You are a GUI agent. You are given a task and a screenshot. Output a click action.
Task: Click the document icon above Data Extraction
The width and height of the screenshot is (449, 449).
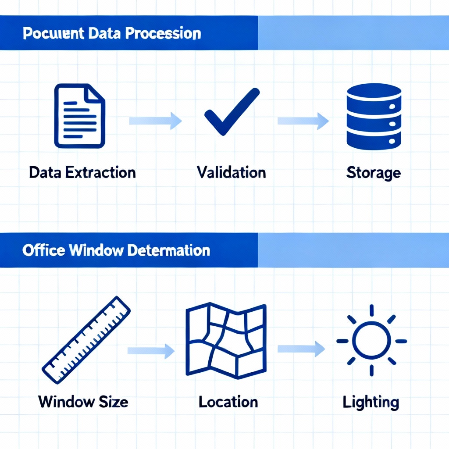(79, 115)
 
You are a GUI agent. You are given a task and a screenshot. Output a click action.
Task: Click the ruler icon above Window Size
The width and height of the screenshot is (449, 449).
(86, 339)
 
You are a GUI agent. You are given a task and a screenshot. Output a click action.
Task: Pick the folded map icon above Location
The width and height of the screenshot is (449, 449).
(225, 340)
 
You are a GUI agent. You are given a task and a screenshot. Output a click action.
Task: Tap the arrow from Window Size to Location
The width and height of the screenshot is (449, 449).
(150, 350)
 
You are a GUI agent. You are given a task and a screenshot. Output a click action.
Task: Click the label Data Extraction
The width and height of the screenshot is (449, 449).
(82, 172)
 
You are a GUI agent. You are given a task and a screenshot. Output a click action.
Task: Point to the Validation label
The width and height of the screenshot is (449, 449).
(231, 172)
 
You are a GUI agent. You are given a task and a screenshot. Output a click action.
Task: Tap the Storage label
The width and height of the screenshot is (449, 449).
(373, 173)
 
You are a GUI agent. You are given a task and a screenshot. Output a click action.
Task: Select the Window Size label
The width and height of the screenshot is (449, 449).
(83, 401)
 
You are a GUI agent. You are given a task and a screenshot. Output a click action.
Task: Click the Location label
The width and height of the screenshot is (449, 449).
(228, 401)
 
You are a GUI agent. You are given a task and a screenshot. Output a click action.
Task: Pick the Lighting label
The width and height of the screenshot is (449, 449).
(371, 402)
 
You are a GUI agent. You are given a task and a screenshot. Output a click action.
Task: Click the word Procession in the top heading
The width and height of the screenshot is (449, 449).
(164, 33)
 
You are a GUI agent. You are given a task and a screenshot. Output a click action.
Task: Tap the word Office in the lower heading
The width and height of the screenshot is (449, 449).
(40, 250)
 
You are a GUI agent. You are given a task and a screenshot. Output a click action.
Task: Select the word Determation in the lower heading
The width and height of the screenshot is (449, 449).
(169, 250)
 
